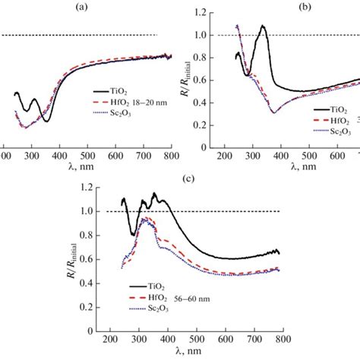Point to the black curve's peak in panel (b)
coord(263,27)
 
